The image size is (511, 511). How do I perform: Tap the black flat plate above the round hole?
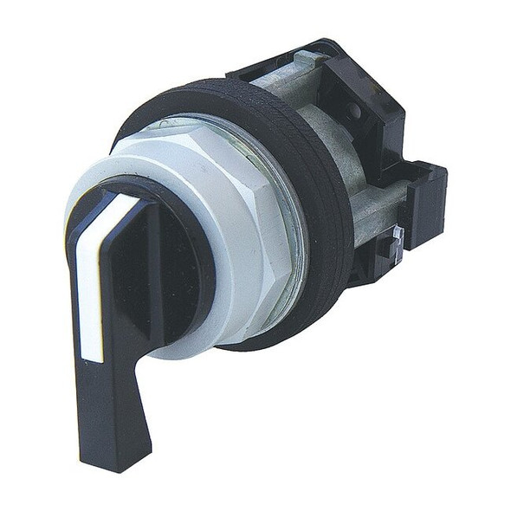(381, 87)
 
